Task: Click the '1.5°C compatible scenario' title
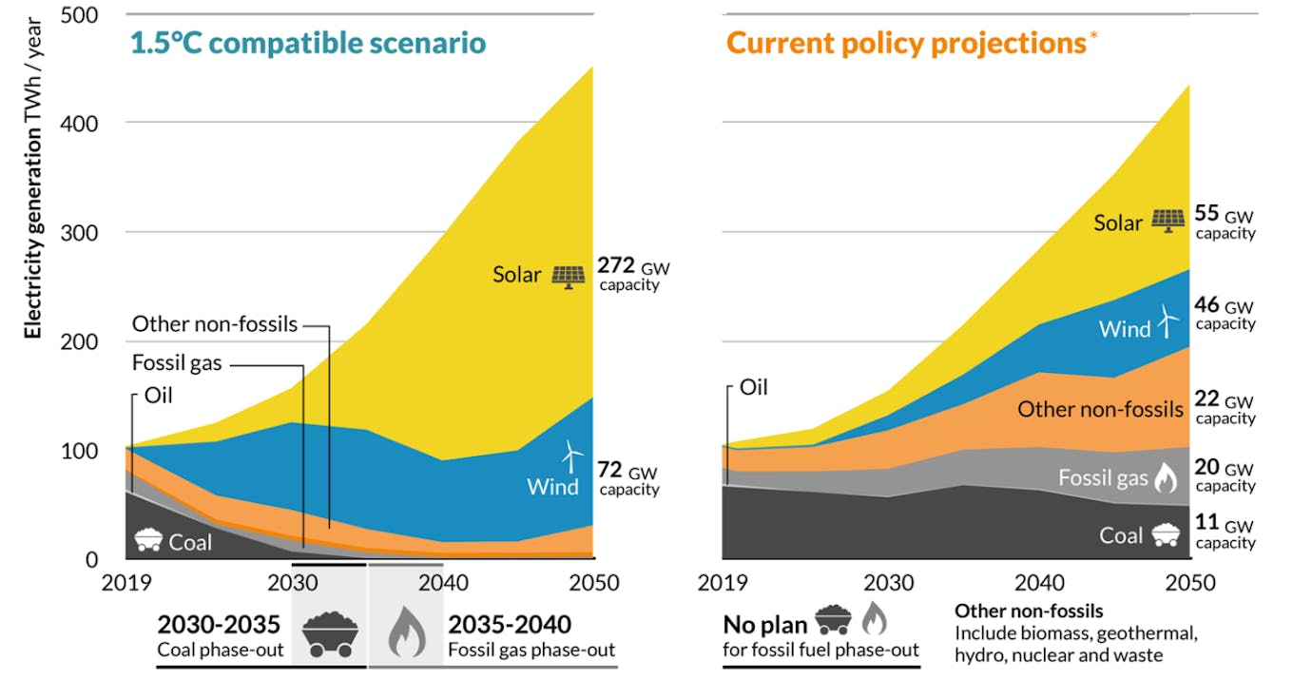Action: [x=307, y=43]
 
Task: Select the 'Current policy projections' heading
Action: [x=904, y=43]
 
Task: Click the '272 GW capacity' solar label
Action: [x=632, y=274]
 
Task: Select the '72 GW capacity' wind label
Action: [x=627, y=478]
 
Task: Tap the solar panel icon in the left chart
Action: [x=569, y=276]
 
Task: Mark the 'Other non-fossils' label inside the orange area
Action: [x=1100, y=410]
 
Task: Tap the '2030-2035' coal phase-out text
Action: [x=219, y=624]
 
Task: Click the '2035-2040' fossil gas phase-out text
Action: [x=511, y=624]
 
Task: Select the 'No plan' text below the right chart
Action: [x=764, y=624]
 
